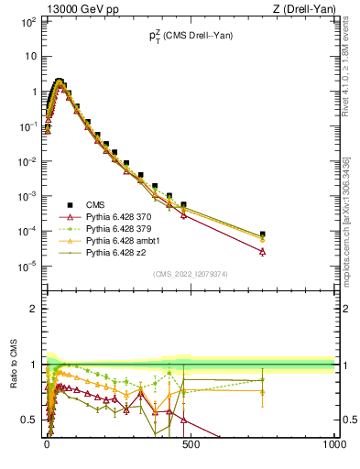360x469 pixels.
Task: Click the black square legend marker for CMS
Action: coord(69,204)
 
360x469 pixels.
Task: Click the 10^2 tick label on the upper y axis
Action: coord(27,21)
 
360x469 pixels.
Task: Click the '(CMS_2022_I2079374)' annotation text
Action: coord(190,273)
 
